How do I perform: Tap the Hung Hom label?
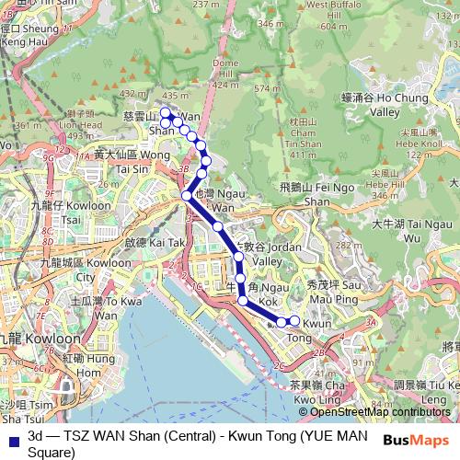click(83, 366)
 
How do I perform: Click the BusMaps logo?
click(420, 441)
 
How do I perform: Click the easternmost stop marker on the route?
click(294, 321)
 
